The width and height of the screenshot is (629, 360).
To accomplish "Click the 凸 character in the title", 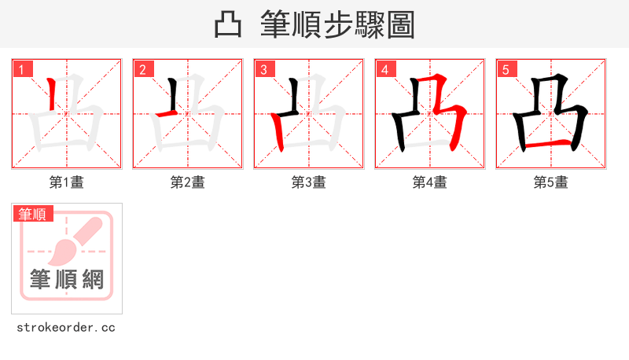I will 228,24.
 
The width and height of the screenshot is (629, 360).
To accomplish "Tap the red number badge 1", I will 22,69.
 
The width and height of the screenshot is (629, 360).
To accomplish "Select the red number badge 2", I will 143,69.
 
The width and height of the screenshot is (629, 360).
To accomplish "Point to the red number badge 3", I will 264,69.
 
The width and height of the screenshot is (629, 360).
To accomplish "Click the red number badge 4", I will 385,69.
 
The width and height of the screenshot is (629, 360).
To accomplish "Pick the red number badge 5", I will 506,69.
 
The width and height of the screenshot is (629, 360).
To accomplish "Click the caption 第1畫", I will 67,182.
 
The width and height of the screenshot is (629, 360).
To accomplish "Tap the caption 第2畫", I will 188,182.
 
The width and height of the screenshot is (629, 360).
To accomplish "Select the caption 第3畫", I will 309,182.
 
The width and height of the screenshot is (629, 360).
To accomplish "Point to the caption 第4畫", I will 430,182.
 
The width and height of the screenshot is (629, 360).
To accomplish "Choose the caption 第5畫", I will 551,182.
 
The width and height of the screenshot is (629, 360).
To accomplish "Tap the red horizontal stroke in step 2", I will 167,115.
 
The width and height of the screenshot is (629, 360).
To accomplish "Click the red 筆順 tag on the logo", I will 33,214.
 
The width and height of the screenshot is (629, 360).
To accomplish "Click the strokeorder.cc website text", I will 66,327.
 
